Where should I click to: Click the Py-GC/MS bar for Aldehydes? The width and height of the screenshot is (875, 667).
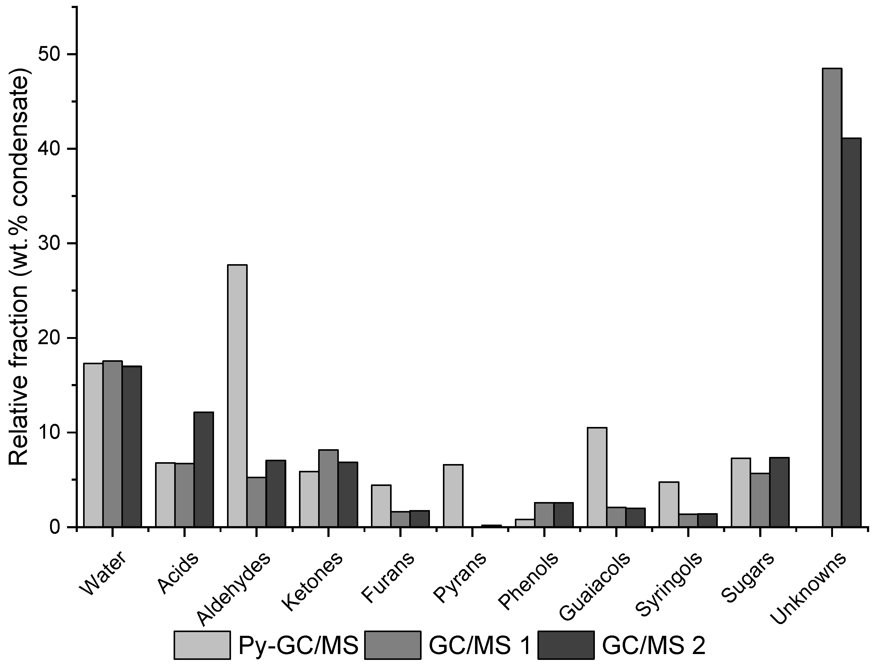(x=237, y=396)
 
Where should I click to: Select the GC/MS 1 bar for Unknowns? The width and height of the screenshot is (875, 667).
(x=832, y=298)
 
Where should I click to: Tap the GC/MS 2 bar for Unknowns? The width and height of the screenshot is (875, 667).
(x=851, y=333)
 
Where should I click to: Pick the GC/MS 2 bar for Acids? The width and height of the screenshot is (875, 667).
(x=204, y=470)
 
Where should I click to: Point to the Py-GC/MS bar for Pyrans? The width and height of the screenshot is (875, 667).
(x=453, y=496)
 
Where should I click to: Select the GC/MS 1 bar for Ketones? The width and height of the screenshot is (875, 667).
(x=329, y=488)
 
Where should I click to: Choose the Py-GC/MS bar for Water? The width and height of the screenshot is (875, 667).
(x=93, y=445)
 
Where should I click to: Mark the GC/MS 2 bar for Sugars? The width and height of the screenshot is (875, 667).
(x=779, y=492)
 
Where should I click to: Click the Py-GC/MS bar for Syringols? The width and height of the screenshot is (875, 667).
(x=669, y=504)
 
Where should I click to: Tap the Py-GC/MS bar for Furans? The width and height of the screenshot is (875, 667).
(x=381, y=506)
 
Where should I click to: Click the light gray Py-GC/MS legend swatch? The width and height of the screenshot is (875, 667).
(x=202, y=645)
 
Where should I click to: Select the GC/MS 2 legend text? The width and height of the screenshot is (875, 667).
(x=654, y=645)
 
